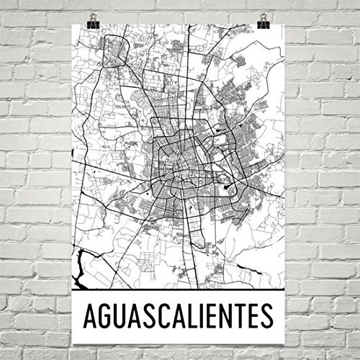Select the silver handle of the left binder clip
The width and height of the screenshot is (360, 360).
click(94, 15)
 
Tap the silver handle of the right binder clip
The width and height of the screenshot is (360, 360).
click(263, 15)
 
